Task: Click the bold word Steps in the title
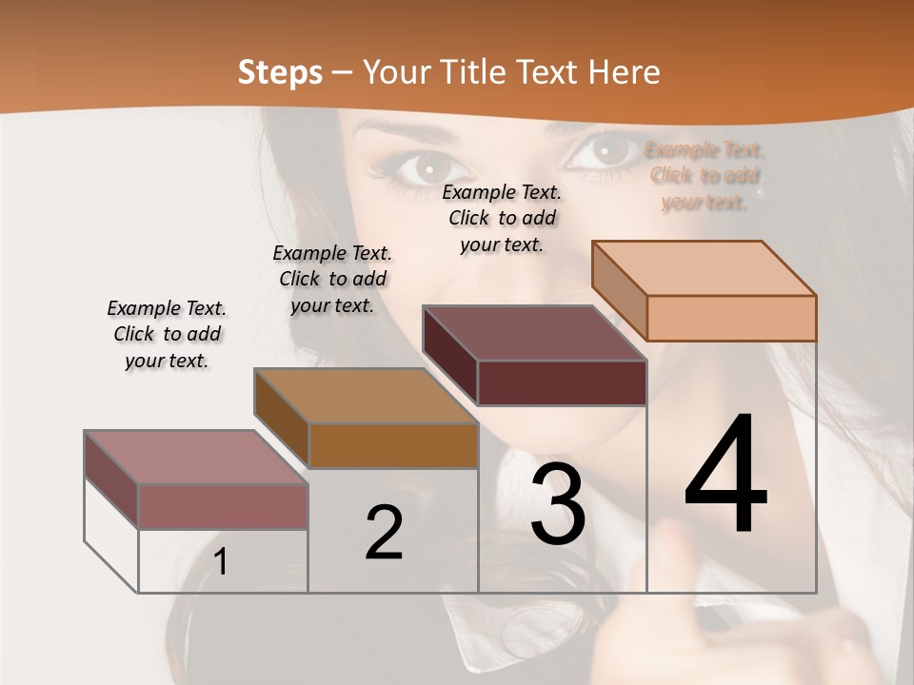pyautogui.click(x=280, y=72)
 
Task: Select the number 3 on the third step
pyautogui.click(x=557, y=504)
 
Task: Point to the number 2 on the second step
pyautogui.click(x=384, y=533)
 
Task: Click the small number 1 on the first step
pyautogui.click(x=220, y=562)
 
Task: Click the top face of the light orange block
pyautogui.click(x=705, y=267)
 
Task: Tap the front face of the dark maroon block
pyautogui.click(x=562, y=382)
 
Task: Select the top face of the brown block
pyautogui.click(x=366, y=396)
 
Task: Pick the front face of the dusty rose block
pyautogui.click(x=223, y=506)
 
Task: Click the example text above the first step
pyautogui.click(x=167, y=334)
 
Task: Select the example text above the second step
pyautogui.click(x=332, y=279)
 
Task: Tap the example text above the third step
pyautogui.click(x=502, y=218)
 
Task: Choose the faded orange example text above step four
pyautogui.click(x=705, y=176)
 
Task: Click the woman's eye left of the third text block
pyautogui.click(x=420, y=168)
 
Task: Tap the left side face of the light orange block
pyautogui.click(x=619, y=290)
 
